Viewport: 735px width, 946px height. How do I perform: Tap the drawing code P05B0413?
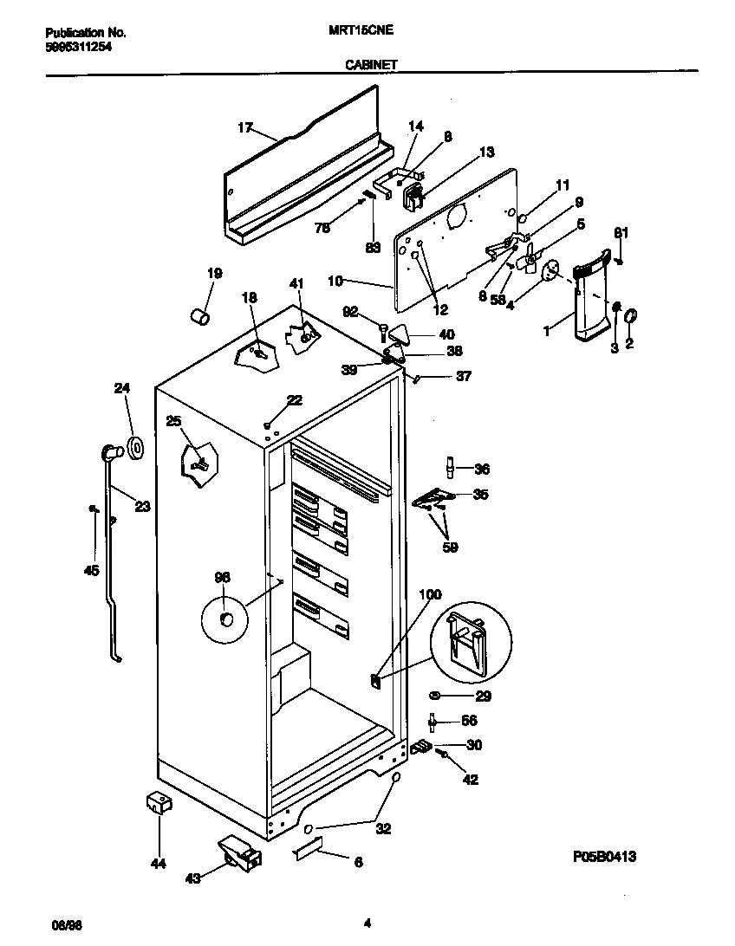604,857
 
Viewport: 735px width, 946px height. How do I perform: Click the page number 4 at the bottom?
367,923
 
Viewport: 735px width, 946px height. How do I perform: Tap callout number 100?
430,594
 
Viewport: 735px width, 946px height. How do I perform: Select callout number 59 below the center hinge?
449,547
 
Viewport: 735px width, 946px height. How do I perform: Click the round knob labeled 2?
631,314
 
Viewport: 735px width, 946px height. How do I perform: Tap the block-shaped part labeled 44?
159,803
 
